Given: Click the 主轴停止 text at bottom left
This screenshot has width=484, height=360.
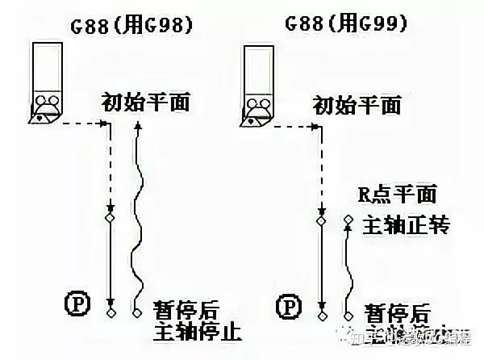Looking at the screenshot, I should [x=197, y=331].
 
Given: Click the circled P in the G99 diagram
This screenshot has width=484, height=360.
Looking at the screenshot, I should [x=288, y=307].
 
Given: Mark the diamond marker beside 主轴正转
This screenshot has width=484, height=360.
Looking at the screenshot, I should [x=348, y=220].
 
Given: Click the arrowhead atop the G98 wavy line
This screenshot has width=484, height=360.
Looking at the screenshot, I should [x=139, y=126].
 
